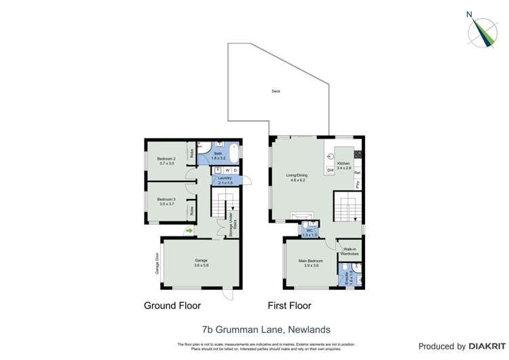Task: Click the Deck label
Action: point(276,91)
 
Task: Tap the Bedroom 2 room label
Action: point(166,161)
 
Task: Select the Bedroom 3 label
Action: point(166,202)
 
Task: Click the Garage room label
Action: point(201,263)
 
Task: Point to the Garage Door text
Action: point(155,262)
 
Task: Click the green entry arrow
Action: point(189,231)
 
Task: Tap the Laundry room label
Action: point(225,180)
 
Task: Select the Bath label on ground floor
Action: point(218,156)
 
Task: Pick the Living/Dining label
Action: point(299,178)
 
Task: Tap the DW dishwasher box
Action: point(330,169)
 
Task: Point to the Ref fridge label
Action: point(357,173)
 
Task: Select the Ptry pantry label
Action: point(358,185)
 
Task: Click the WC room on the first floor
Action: point(309,232)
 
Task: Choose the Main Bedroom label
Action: point(311,263)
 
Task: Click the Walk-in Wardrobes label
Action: point(350,251)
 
